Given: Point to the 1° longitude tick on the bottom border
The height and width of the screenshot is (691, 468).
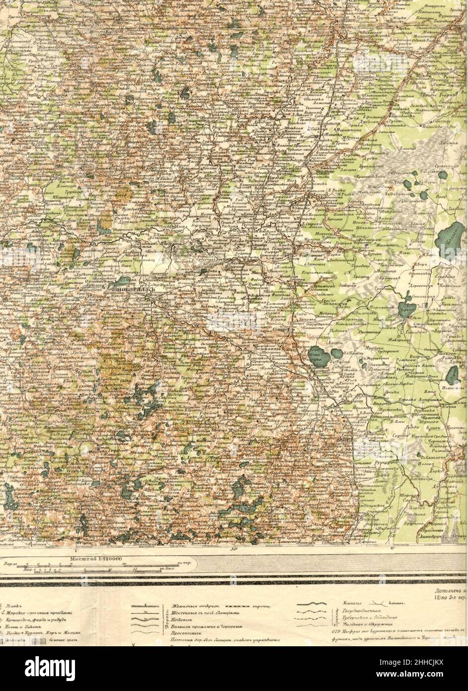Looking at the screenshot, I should [x=77, y=550].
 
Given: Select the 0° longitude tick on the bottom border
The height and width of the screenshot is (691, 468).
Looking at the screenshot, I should [x=392, y=549].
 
